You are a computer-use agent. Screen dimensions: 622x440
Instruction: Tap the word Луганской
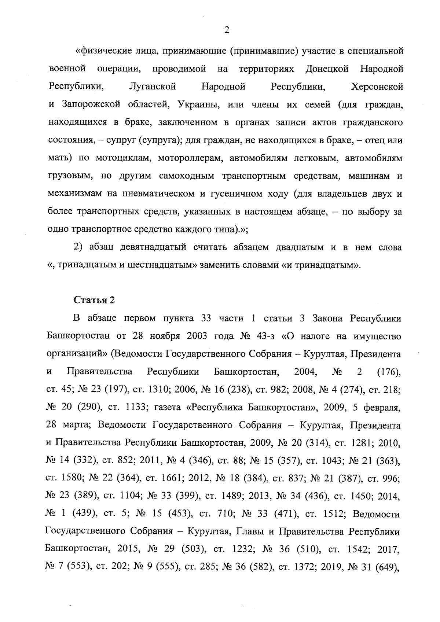(x=153, y=87)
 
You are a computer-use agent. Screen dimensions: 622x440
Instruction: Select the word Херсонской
(x=377, y=87)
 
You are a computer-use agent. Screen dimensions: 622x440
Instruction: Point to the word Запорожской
(x=91, y=104)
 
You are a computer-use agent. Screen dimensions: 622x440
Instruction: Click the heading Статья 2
(x=95, y=300)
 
